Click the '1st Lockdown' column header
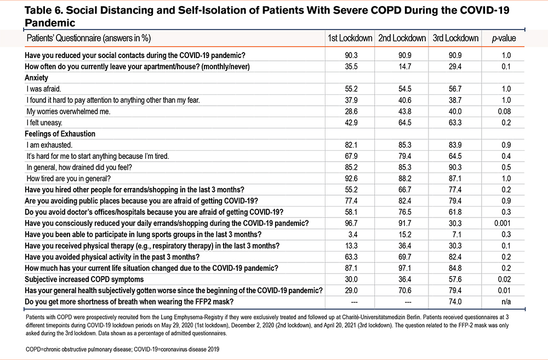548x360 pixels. coord(350,38)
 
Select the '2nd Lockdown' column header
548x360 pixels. coord(402,38)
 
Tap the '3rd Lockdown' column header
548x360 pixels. coord(455,38)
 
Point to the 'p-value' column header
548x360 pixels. coord(504,38)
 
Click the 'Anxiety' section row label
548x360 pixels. coord(36,78)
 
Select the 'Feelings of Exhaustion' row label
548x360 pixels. coord(60,134)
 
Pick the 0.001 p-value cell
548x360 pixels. coord(502,224)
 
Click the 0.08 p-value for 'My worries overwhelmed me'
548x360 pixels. coord(504,111)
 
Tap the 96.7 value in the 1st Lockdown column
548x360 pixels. coord(351,224)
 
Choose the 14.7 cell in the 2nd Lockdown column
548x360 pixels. coord(405,66)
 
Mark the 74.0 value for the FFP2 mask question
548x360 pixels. coord(455,301)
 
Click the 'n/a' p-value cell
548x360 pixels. coord(506,301)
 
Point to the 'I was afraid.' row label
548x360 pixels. coord(44,89)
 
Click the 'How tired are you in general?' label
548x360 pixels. coord(68,179)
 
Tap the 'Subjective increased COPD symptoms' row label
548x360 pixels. coord(84,279)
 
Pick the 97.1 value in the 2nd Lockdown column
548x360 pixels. coord(405,268)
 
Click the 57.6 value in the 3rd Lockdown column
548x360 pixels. coord(455,279)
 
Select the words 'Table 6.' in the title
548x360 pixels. coord(44,10)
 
